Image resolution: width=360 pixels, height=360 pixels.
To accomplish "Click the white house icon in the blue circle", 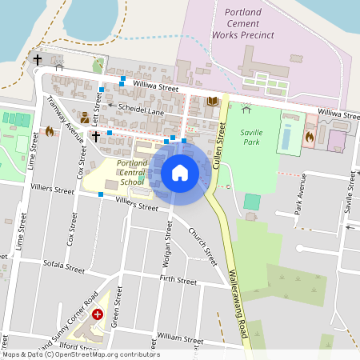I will coord(180,172).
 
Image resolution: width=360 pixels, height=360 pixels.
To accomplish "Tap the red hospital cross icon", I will coord(98,315).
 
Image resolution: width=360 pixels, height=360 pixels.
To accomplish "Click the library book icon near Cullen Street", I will coord(212,102).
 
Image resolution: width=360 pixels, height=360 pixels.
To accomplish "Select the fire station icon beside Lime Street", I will coord(49,131).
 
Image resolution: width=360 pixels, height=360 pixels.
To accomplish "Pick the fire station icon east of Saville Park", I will coord(309,137).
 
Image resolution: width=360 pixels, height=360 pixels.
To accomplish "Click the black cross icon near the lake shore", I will coord(37,60).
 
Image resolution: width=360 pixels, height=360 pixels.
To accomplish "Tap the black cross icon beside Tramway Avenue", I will coord(95,136).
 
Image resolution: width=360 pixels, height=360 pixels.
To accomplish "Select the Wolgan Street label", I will coord(168,244).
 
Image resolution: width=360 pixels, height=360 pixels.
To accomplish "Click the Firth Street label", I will coord(178,281).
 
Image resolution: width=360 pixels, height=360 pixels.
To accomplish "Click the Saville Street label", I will coord(348,195).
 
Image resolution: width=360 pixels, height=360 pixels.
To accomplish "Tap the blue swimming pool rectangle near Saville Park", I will coord(287,135).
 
